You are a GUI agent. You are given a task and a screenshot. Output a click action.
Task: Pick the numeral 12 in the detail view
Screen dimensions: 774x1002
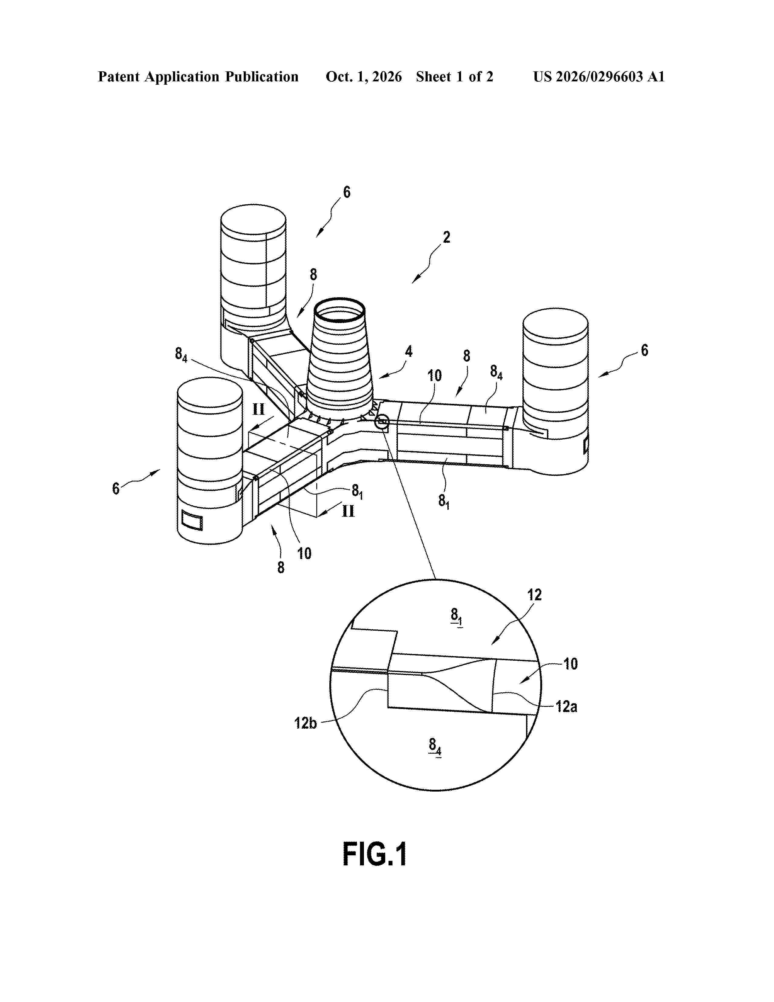click(534, 595)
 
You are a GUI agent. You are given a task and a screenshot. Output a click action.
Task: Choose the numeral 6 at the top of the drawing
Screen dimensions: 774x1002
click(347, 192)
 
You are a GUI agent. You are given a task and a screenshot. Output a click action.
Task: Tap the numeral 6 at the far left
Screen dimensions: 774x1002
click(116, 489)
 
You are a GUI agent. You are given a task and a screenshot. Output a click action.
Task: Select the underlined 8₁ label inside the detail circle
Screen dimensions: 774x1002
click(456, 616)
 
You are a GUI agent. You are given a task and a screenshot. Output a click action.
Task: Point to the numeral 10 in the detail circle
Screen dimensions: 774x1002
click(570, 663)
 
